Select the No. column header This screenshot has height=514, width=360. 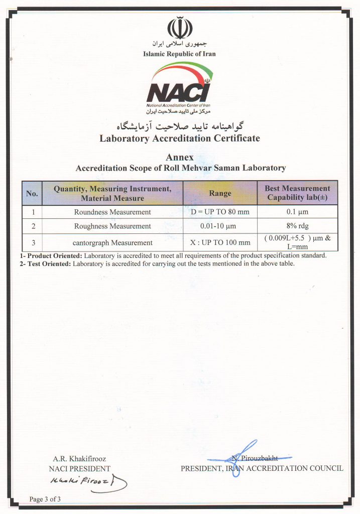click(32, 193)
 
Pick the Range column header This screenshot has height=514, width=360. click(220, 193)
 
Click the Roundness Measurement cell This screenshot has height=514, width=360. click(112, 212)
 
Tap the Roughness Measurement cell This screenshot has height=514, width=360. click(112, 226)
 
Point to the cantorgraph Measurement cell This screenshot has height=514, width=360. click(112, 242)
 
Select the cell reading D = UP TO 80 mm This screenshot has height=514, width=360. click(220, 212)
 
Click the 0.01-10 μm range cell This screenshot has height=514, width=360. click(220, 226)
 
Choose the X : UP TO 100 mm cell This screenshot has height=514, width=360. click(220, 242)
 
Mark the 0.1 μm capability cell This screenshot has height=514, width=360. click(297, 212)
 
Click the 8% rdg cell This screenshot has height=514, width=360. click(297, 226)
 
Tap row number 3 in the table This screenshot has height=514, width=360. click(32, 242)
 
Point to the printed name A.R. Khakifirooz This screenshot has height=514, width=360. click(79, 459)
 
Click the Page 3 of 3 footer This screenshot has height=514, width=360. click(45, 499)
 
